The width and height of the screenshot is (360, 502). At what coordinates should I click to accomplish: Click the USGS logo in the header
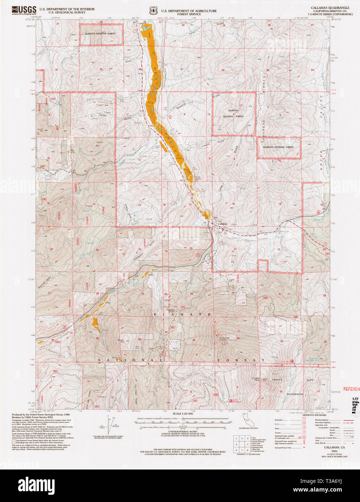[x=24, y=10]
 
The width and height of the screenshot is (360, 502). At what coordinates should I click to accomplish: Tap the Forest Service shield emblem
[x=153, y=10]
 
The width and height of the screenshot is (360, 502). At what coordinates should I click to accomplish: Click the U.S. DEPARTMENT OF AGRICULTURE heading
[x=189, y=11]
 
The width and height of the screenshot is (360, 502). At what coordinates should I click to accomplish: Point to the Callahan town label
[x=223, y=224]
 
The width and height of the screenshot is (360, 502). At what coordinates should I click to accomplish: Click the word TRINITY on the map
[x=278, y=380]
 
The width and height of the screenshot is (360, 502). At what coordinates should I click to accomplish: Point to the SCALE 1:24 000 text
[x=183, y=414]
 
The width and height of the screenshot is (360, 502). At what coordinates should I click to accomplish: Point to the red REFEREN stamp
[x=351, y=389]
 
